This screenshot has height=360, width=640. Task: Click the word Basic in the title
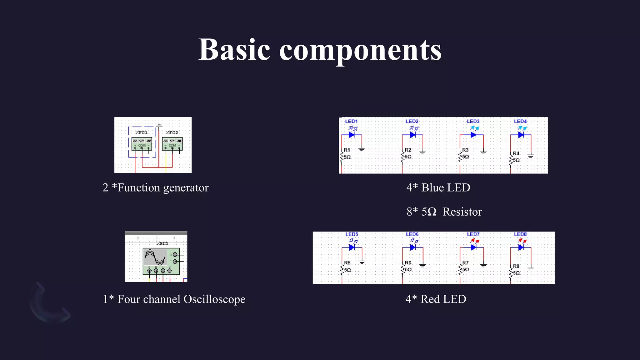click(x=234, y=50)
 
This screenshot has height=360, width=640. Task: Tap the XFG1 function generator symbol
click(x=142, y=144)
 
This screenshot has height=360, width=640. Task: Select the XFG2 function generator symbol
click(x=172, y=144)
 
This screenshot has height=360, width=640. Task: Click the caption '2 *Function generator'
click(x=155, y=187)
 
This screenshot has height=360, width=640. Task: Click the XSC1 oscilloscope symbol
click(x=161, y=261)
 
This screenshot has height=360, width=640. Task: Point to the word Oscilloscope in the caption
click(x=214, y=299)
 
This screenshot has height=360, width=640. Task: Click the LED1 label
click(x=351, y=121)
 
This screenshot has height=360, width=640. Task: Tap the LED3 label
click(x=473, y=121)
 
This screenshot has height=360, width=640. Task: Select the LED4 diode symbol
click(x=521, y=135)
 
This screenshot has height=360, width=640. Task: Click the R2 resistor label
click(x=408, y=150)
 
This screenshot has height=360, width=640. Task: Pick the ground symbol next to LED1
click(x=362, y=149)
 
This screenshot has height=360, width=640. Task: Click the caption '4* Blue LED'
click(x=438, y=187)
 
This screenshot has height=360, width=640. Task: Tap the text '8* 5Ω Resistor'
click(x=444, y=212)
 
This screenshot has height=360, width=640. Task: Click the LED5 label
click(x=352, y=234)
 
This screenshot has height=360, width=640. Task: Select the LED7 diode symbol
click(x=473, y=247)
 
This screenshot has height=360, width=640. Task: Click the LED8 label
click(x=520, y=234)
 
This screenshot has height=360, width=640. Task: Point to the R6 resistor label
click(x=408, y=263)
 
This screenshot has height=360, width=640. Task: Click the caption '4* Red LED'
click(x=436, y=299)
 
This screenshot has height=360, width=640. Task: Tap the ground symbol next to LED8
click(x=531, y=268)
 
